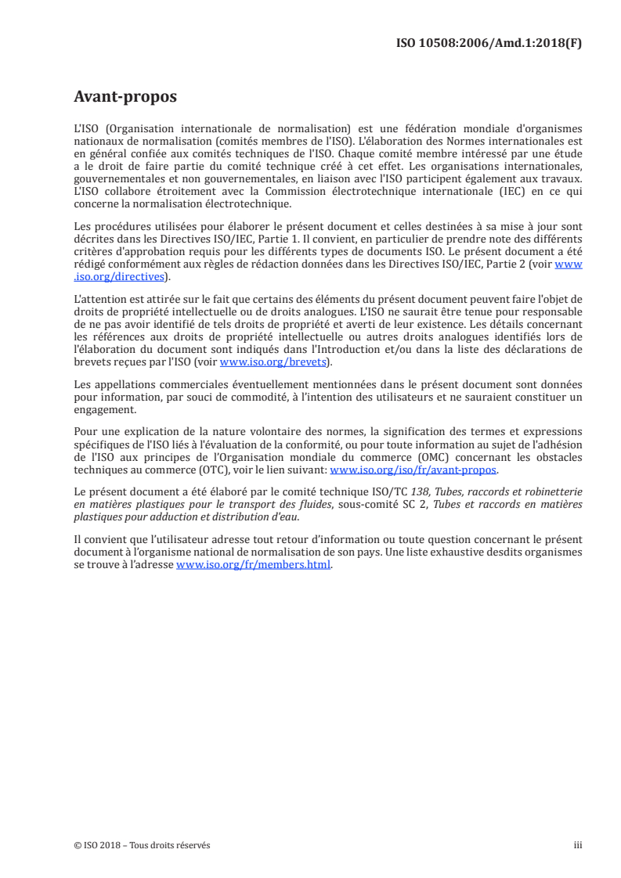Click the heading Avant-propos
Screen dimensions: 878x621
click(x=125, y=98)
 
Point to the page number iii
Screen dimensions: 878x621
click(x=578, y=845)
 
